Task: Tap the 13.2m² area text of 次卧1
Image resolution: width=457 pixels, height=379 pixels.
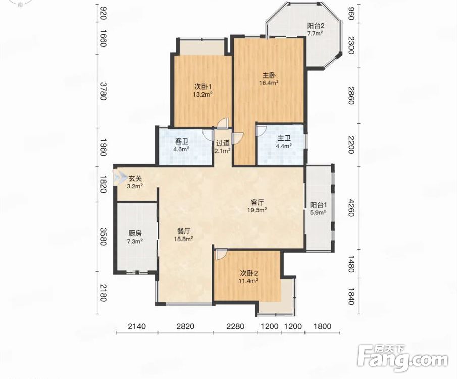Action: [202, 94]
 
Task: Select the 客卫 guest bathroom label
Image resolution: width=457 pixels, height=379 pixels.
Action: [181, 142]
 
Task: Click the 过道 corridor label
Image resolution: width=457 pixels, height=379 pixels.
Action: [223, 143]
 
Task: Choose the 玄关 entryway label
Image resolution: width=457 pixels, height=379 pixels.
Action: [135, 178]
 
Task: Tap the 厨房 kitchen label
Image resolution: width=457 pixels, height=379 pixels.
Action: [135, 233]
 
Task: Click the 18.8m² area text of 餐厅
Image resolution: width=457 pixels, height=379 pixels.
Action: [184, 239]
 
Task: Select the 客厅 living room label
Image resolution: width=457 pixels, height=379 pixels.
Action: [258, 202]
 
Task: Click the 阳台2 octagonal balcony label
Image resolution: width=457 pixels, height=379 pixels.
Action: [316, 26]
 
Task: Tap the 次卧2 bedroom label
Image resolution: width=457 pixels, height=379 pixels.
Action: [248, 273]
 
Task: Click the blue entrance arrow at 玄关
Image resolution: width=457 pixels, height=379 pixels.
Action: [118, 177]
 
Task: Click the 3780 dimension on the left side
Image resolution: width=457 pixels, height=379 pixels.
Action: [103, 91]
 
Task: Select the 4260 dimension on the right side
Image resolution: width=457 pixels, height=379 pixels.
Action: [351, 208]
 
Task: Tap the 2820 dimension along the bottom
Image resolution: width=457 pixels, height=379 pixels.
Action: [185, 326]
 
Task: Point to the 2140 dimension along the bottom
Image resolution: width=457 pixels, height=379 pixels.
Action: [137, 326]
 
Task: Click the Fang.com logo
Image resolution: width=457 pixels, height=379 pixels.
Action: [402, 358]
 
